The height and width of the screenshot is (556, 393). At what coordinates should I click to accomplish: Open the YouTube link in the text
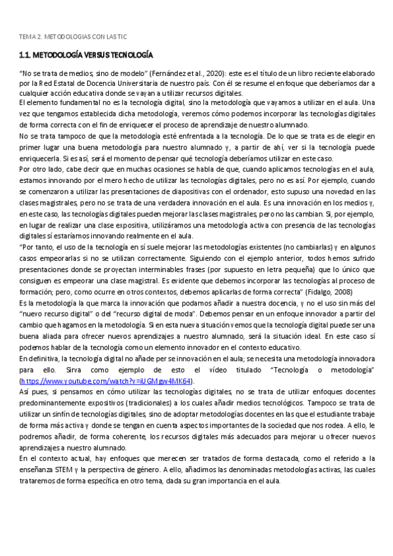click(106, 380)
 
